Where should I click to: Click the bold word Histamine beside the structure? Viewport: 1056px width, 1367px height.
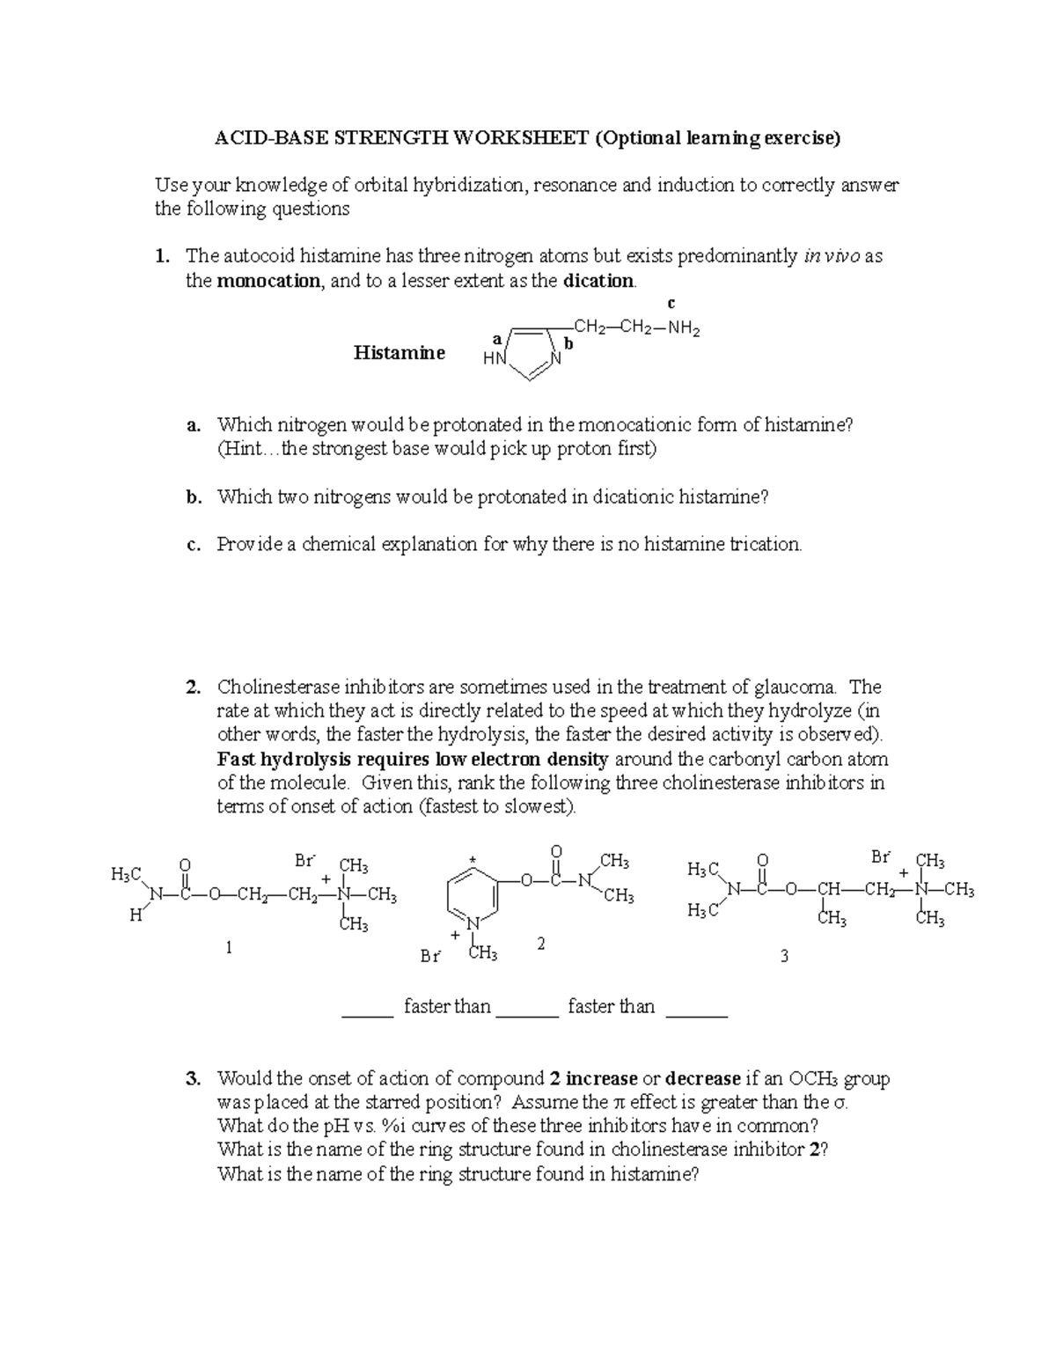pos(399,353)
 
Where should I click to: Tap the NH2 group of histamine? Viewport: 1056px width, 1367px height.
pos(684,329)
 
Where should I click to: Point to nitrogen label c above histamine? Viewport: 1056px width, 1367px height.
pos(671,304)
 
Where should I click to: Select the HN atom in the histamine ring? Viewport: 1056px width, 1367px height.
pos(495,359)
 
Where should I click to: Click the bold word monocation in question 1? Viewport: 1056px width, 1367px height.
pos(268,281)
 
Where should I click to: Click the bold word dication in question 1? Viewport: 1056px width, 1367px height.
pos(598,281)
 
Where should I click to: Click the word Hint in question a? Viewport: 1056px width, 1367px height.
pos(245,449)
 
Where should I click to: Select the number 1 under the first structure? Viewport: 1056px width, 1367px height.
pos(229,947)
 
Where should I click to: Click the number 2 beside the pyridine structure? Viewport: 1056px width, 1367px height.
pos(540,944)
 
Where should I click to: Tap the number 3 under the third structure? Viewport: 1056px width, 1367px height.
pos(785,955)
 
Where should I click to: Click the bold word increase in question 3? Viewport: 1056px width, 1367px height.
pos(601,1078)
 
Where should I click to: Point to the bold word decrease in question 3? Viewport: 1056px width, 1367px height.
pos(703,1078)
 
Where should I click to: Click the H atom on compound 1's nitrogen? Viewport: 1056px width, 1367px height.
pos(135,915)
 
